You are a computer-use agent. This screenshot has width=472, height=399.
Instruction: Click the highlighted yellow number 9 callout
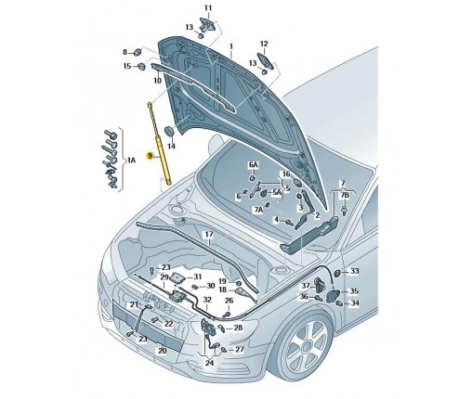point(151,156)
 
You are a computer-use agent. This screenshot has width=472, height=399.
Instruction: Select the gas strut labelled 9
point(159,143)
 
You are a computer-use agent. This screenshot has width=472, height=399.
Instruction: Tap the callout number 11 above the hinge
point(208,7)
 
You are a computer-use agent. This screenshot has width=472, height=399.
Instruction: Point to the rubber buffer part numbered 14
point(169,131)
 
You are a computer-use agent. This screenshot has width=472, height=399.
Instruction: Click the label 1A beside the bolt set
point(131,161)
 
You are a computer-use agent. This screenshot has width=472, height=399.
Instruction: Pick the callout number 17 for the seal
point(209,235)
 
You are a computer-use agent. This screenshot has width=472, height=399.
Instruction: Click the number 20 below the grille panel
point(163,351)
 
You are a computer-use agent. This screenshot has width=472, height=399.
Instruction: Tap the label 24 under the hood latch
point(210,363)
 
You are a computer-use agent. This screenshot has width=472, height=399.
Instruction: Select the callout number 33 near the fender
point(354,271)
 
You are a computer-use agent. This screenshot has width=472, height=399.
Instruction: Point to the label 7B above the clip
point(345,196)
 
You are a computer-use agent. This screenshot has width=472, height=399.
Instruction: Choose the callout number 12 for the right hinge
point(264,44)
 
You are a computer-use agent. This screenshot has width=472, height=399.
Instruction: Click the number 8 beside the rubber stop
point(125,52)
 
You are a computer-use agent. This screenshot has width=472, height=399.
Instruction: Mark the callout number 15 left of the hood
point(127,66)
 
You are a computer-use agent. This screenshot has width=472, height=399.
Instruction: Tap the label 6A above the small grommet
point(253,164)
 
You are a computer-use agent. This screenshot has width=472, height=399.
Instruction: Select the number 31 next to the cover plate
point(198,277)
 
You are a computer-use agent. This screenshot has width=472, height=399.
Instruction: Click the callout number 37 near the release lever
point(306,286)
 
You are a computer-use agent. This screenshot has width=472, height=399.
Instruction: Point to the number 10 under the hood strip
point(157,81)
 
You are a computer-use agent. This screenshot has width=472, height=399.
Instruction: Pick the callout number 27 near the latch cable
point(240,350)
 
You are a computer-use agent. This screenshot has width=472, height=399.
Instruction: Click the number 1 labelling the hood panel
point(230,46)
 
